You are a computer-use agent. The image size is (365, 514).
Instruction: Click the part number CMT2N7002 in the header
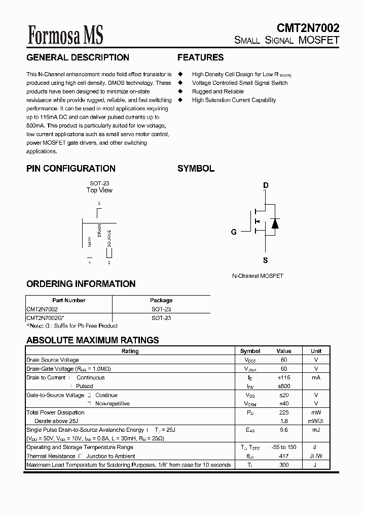308,28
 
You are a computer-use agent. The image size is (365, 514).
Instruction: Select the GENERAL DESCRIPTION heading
78,58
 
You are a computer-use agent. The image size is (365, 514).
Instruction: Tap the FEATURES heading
200,58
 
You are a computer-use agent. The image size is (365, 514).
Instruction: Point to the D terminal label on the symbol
266,185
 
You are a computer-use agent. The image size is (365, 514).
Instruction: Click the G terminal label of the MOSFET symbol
234,232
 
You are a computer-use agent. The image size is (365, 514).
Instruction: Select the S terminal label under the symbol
265,261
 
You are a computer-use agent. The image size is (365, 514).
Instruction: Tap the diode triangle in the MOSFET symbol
275,223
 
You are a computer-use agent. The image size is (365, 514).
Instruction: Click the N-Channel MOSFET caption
258,276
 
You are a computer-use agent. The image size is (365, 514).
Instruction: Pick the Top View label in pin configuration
99,190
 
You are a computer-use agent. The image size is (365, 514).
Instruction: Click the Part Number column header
69,300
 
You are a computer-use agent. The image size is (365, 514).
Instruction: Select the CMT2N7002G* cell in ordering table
45,318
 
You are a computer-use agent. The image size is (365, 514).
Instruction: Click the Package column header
161,300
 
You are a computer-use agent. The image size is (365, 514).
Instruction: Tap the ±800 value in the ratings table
284,386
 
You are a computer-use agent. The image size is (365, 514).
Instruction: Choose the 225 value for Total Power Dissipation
284,412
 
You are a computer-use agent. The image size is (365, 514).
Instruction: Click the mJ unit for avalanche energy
316,430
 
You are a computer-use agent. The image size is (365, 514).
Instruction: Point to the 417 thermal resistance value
284,456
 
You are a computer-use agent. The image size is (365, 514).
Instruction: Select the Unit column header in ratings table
316,351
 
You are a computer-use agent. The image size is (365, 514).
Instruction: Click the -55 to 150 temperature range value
284,447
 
